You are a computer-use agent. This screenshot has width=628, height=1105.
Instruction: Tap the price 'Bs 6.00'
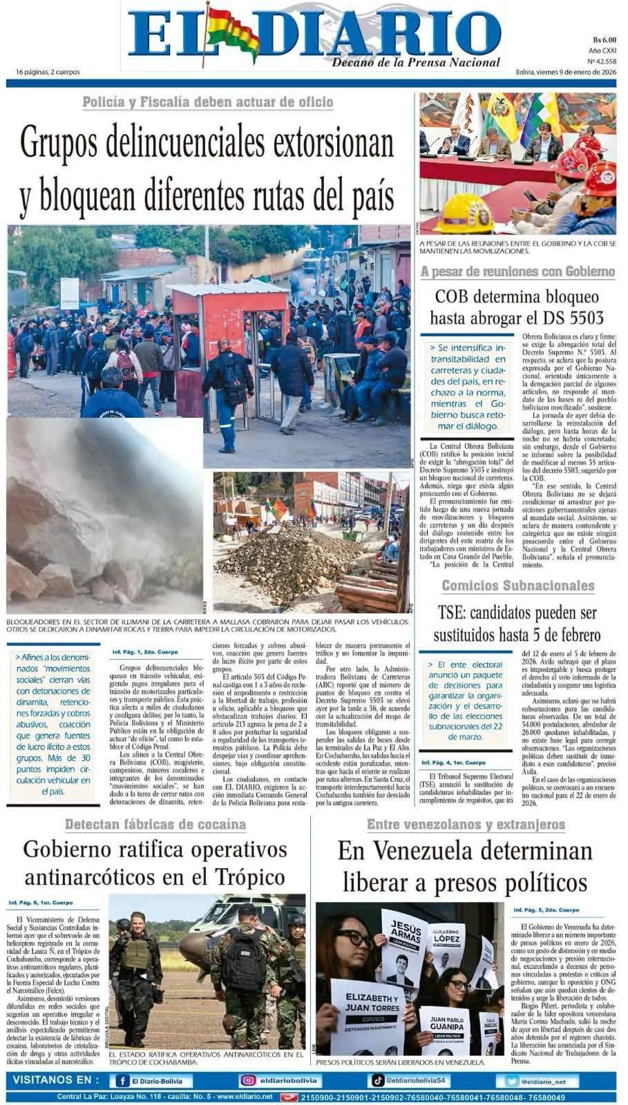pyautogui.click(x=604, y=39)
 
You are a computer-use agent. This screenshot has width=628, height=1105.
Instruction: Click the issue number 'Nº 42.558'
pyautogui.click(x=602, y=61)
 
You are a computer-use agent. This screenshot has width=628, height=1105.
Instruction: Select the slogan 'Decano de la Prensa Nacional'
pyautogui.click(x=416, y=63)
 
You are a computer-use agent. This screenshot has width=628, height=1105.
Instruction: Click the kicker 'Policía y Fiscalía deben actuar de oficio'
pyautogui.click(x=207, y=102)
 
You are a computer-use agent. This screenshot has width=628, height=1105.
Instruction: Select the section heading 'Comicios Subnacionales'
pyautogui.click(x=517, y=586)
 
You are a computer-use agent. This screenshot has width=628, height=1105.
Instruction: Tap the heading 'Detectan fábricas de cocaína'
pyautogui.click(x=155, y=824)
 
